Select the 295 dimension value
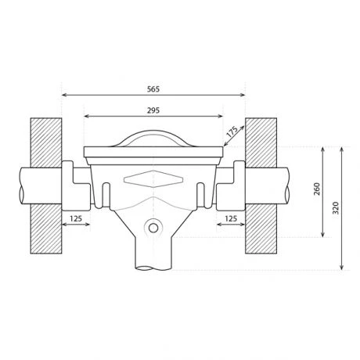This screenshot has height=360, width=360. point(153,110)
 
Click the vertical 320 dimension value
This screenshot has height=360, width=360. point(336,207)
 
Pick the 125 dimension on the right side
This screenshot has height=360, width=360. point(231,218)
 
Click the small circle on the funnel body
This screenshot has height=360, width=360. point(154,229)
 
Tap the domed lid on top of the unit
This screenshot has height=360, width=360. point(153,138)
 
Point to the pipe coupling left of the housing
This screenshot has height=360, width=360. point(75,184)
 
